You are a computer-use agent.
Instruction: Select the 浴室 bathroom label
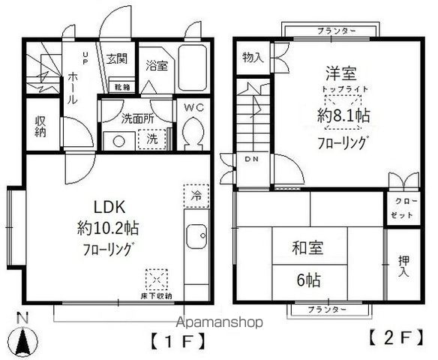pos(157,64)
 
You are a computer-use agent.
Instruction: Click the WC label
pos(194,106)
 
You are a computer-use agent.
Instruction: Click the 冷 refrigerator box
pos(193,196)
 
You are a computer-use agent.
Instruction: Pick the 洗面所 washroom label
pos(138,117)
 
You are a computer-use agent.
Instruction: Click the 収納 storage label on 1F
pos(40,125)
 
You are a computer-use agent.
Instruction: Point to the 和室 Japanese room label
pos(307,245)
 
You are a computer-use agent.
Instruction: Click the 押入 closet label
pos(402,266)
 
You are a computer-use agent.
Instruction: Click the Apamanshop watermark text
pos(218,322)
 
